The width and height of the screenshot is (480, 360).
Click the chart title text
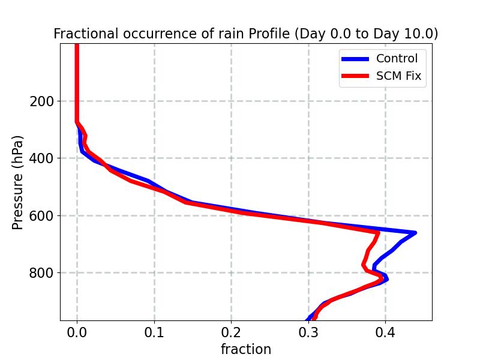coord(245,34)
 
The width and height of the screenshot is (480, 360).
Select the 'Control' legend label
coord(397,58)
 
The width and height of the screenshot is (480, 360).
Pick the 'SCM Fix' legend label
coord(398,76)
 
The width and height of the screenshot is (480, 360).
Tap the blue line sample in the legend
coord(355,59)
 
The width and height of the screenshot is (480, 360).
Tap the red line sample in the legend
coord(355,77)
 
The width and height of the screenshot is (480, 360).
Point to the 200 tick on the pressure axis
coord(41,101)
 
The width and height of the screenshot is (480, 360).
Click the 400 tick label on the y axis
coord(41,158)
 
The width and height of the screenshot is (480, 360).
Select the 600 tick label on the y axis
coord(41,216)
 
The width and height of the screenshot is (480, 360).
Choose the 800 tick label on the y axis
coord(41,273)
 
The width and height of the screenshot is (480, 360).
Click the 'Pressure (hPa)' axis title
coord(18,182)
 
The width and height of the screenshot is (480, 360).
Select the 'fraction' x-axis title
coord(246,349)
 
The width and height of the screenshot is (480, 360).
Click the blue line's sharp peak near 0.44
coord(415,232)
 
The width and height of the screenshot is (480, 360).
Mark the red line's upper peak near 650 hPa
coord(378,232)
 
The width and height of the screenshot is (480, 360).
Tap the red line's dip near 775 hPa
coord(364,265)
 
